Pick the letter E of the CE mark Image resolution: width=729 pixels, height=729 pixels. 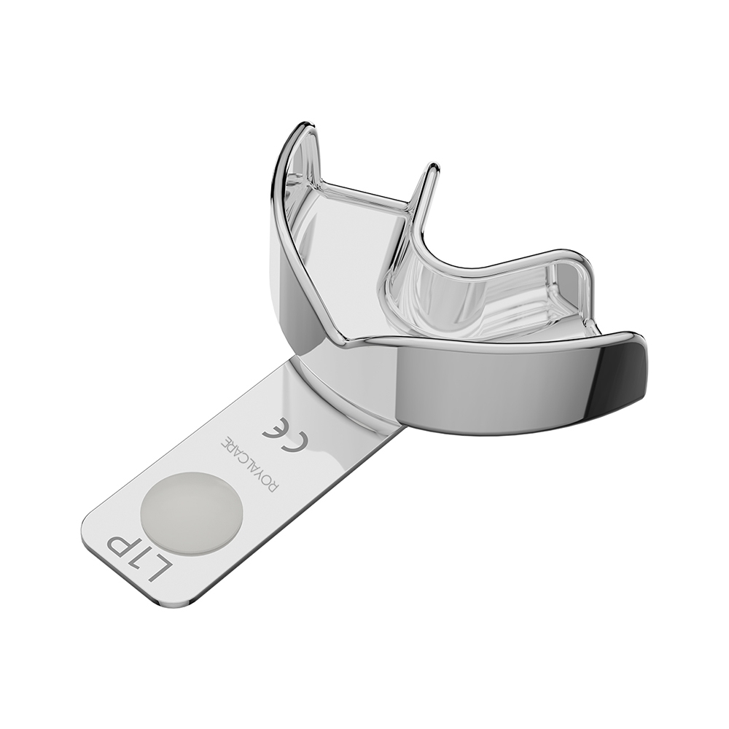[283, 425]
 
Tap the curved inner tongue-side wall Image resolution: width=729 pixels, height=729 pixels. [437, 292]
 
